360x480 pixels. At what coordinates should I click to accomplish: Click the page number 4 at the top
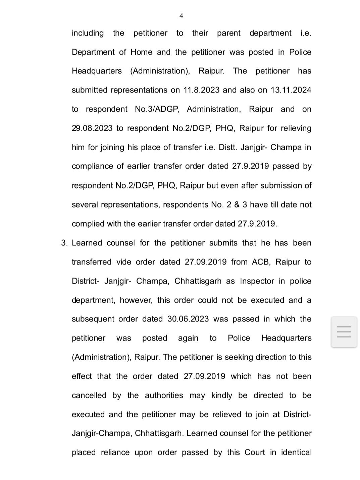click(181, 16)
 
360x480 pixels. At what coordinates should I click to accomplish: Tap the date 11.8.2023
click(201, 90)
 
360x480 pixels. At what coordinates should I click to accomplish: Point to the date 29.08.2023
click(92, 128)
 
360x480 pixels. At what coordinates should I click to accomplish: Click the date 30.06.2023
click(188, 319)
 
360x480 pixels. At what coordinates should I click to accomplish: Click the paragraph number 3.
click(64, 243)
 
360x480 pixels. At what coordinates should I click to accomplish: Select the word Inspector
click(257, 281)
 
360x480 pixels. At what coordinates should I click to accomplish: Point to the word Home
click(141, 52)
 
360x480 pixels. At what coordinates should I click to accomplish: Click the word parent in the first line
click(228, 33)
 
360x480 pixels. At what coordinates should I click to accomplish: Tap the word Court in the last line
click(255, 453)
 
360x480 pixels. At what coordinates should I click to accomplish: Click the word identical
click(296, 453)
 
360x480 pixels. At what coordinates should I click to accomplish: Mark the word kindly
click(221, 396)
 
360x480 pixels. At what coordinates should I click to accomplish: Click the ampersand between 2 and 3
click(237, 205)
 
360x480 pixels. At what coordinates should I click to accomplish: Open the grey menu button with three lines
click(344, 332)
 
